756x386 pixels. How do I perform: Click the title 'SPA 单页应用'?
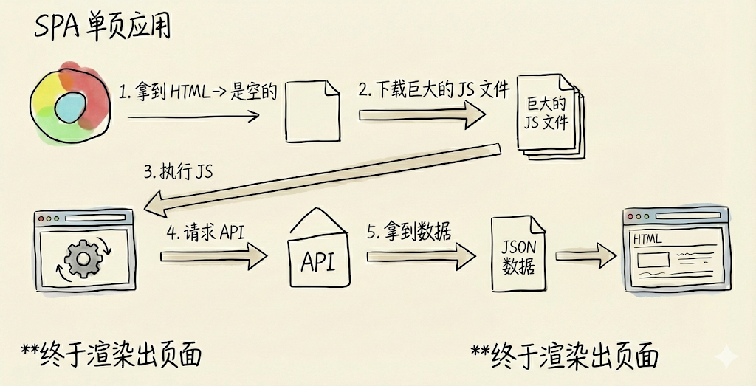point(103,27)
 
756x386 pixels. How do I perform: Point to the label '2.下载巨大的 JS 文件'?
point(434,89)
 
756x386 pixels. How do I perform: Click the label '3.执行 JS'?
point(177,172)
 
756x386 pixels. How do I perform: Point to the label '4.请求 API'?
point(205,232)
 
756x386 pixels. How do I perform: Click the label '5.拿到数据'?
point(409,230)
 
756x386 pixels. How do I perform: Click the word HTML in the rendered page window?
point(648,239)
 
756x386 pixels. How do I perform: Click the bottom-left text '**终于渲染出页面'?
point(110,354)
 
